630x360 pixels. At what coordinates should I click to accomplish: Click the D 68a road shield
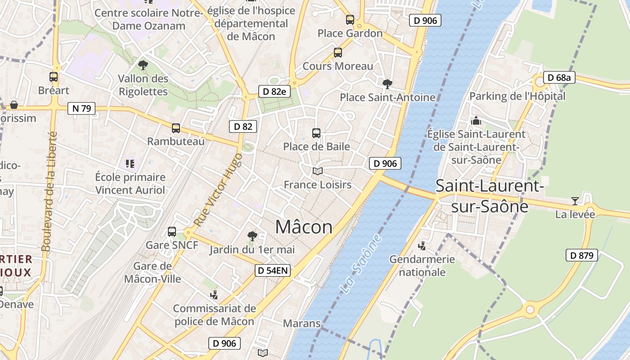(x=559, y=78)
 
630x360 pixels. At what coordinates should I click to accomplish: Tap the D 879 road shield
(x=582, y=256)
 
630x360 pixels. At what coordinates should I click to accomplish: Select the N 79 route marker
(x=81, y=108)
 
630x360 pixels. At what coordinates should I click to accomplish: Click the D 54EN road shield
(x=273, y=270)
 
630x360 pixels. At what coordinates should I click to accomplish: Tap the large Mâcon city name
(x=304, y=227)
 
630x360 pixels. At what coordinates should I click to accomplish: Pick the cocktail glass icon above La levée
(x=575, y=201)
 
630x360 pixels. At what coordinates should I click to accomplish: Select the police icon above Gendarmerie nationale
(x=422, y=246)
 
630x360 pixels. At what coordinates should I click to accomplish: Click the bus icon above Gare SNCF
(x=172, y=232)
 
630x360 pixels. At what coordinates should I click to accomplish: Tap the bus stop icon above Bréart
(x=54, y=77)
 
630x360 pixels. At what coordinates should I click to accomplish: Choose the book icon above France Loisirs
(x=318, y=171)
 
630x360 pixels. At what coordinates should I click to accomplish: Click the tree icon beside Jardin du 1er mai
(x=252, y=236)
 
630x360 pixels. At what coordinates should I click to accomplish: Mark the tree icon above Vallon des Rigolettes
(x=143, y=65)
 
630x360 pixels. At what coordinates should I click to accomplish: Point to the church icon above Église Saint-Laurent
(x=476, y=121)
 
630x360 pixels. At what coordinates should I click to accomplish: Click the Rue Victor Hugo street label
(x=218, y=190)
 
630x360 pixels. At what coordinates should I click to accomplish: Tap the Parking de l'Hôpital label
(x=517, y=96)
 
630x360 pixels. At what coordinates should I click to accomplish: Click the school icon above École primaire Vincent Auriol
(x=130, y=163)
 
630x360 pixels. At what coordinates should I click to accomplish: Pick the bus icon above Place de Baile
(x=316, y=133)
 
